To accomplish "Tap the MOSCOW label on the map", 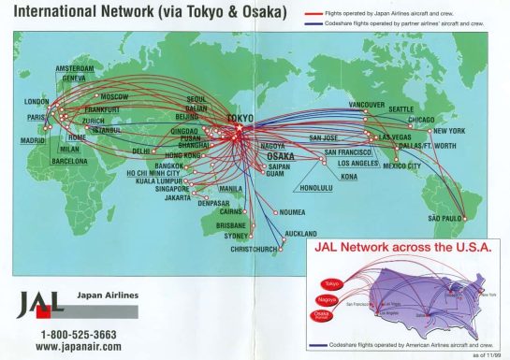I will click(x=114, y=97).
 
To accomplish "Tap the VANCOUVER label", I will click(x=367, y=104).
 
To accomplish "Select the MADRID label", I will click(x=32, y=142).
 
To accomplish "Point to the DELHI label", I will click(x=141, y=151).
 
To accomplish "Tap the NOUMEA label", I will click(x=299, y=209).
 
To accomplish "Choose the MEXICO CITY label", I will click(x=401, y=166).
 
